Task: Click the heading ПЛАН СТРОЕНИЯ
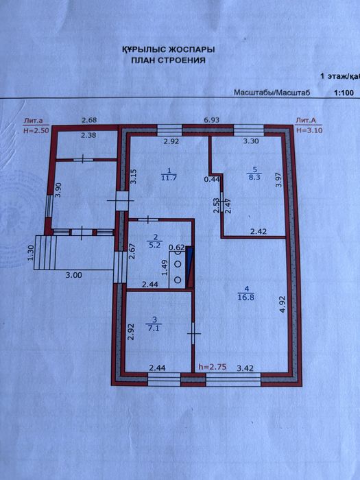click(168, 60)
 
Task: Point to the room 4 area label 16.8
click(246, 297)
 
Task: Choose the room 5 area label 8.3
click(254, 176)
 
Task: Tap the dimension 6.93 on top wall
click(212, 120)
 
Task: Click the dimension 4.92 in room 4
click(283, 303)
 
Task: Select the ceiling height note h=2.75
click(213, 367)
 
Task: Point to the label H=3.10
click(309, 130)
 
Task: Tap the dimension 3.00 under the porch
click(74, 275)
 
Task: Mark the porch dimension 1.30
click(30, 254)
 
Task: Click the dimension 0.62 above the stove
click(177, 247)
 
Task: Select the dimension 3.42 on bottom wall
click(245, 368)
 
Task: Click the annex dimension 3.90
click(58, 191)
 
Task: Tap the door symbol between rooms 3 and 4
click(193, 333)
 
